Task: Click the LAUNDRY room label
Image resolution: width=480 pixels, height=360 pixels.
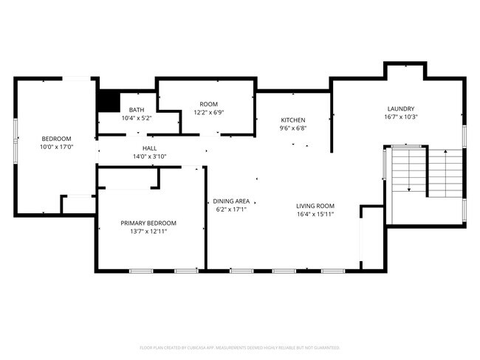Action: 400,108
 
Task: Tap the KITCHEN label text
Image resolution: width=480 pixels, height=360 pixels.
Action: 292,120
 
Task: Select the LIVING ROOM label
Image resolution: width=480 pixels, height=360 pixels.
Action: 315,206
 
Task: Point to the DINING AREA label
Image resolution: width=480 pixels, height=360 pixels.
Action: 231,201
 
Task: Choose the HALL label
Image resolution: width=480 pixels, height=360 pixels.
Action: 150,148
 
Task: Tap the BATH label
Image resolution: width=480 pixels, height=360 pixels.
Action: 137,109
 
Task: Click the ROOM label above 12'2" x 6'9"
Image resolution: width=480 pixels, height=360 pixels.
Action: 208,104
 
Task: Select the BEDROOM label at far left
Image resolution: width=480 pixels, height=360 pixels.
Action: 55,139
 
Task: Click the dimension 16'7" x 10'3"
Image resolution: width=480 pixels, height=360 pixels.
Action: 400,117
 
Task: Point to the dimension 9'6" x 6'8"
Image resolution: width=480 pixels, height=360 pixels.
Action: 292,128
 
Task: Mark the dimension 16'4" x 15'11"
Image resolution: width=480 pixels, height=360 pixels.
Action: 315,214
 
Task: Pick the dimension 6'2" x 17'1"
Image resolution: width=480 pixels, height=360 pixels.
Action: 231,209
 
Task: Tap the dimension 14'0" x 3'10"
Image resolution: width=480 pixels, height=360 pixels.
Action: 150,156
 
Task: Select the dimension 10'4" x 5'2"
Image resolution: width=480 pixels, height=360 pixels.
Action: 137,117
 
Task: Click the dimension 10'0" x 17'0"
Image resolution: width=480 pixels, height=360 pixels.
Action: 55,147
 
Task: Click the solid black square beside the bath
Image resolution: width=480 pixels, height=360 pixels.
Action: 109,101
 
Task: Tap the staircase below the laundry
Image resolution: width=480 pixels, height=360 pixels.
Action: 425,171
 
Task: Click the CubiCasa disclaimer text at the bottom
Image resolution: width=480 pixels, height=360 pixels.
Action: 239,347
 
